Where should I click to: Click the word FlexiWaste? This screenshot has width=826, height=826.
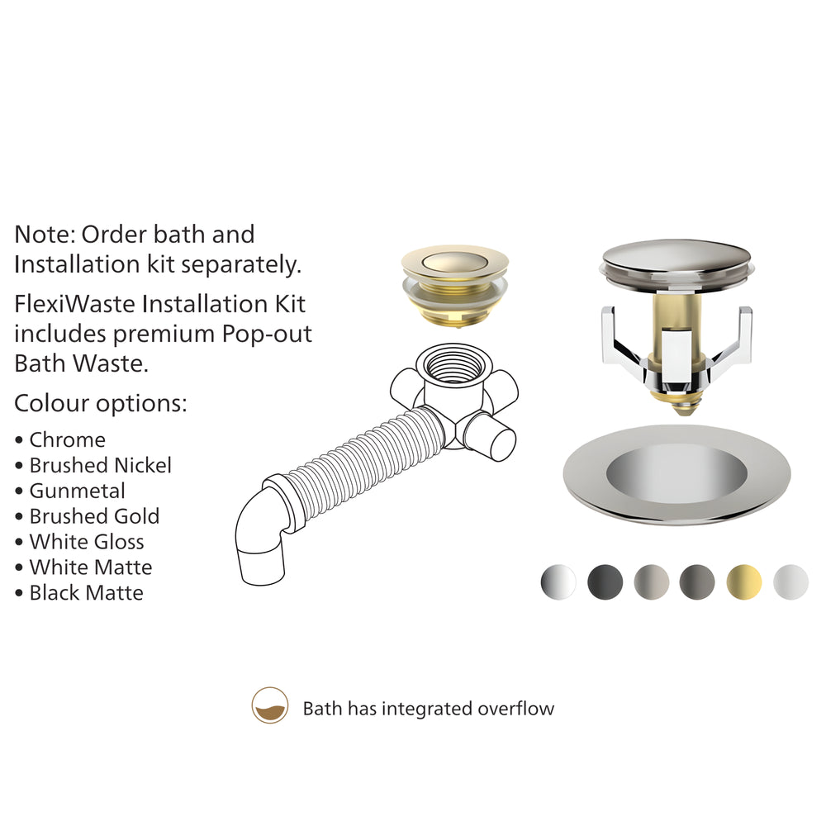[74, 304]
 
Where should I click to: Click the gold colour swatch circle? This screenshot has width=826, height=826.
[744, 582]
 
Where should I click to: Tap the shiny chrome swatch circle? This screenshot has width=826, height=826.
[558, 582]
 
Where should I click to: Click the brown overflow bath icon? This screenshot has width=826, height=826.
[270, 705]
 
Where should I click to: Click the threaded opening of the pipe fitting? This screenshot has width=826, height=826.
[454, 364]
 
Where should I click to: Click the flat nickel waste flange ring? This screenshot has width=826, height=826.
[677, 474]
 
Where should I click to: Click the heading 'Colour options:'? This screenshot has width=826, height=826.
[101, 404]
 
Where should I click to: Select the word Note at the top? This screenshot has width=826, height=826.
[45, 235]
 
